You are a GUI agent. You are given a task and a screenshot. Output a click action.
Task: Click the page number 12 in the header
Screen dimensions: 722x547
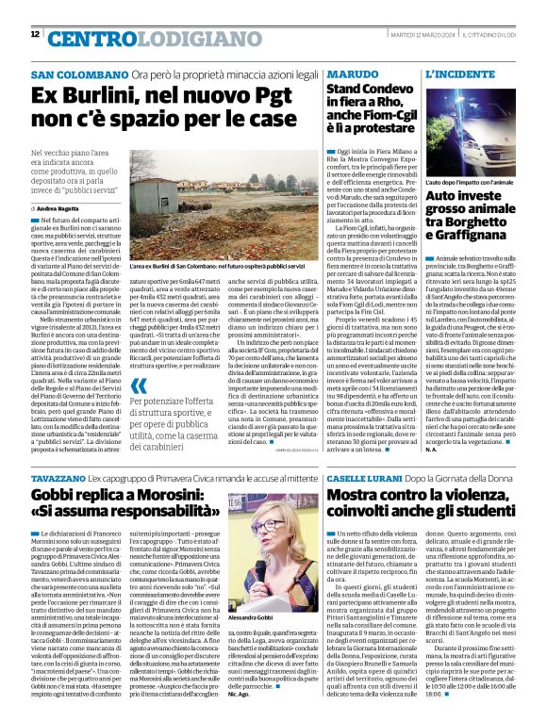35,34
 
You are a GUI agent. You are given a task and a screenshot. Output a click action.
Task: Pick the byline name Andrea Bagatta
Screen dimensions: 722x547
59,206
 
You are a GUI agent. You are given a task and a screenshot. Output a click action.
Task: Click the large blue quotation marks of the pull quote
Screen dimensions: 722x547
140,386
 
